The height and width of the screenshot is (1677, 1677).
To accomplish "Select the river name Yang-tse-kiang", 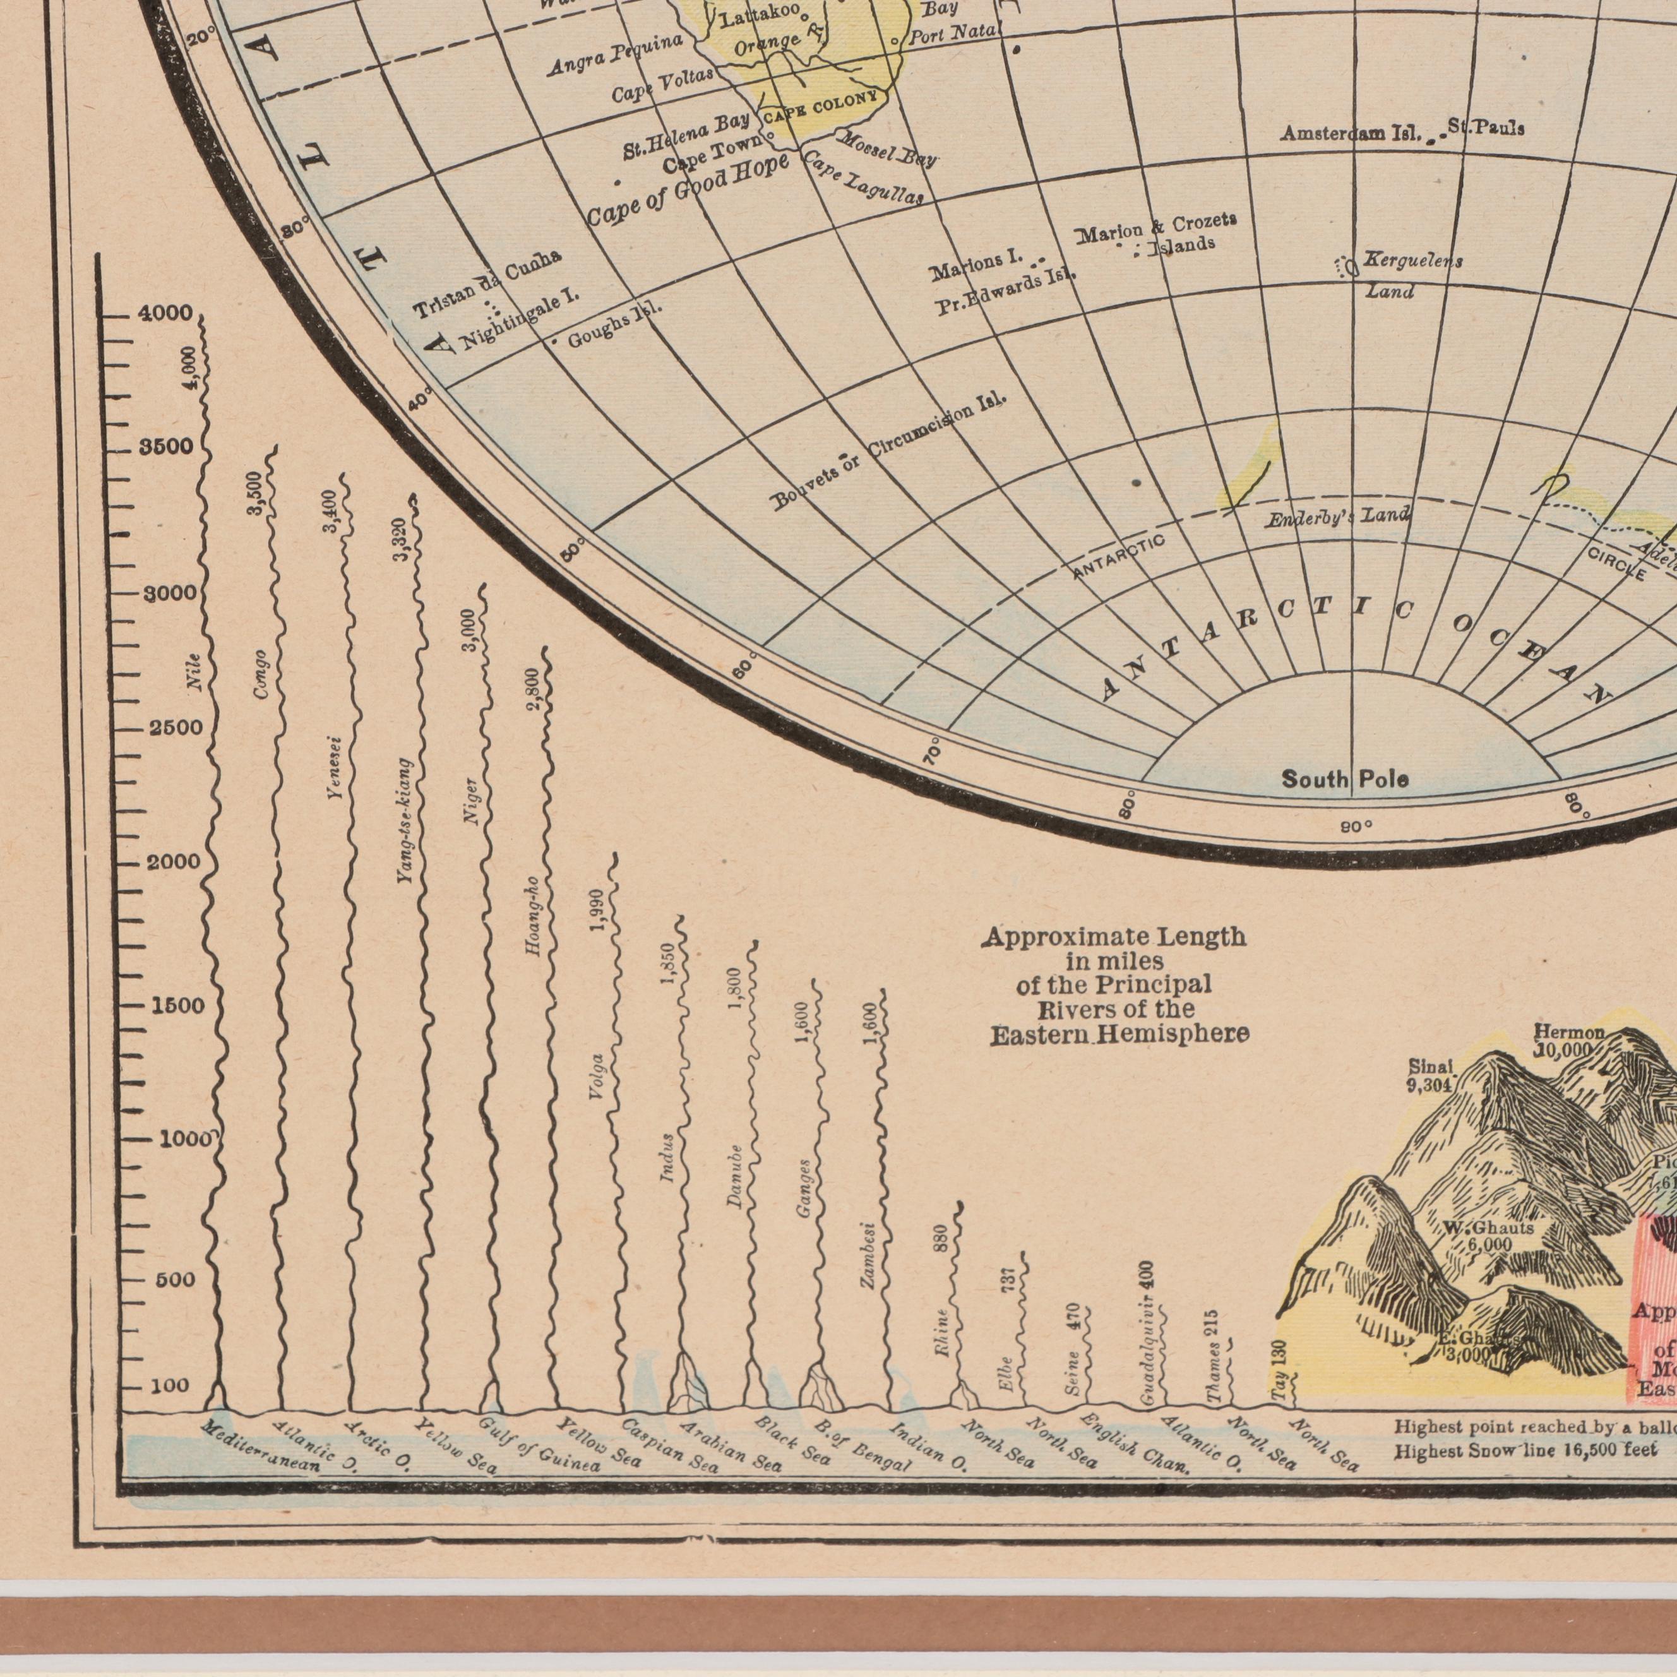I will [405, 822].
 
